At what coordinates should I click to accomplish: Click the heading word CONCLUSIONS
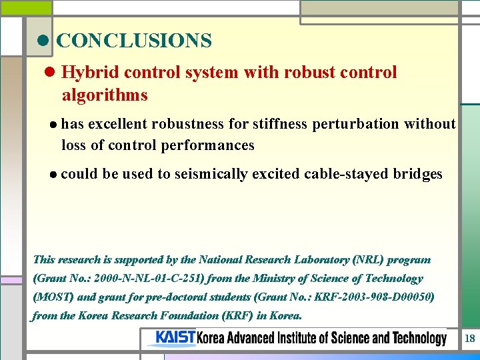pyautogui.click(x=134, y=41)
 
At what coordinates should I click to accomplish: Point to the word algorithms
pyautogui.click(x=105, y=95)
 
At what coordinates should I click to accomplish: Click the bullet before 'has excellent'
pyautogui.click(x=53, y=125)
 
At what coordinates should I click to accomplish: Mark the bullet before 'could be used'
pyautogui.click(x=53, y=175)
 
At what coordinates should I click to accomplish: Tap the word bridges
pyautogui.click(x=417, y=175)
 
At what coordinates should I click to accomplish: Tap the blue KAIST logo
pyautogui.click(x=175, y=338)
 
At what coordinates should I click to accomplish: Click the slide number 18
pyautogui.click(x=469, y=339)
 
